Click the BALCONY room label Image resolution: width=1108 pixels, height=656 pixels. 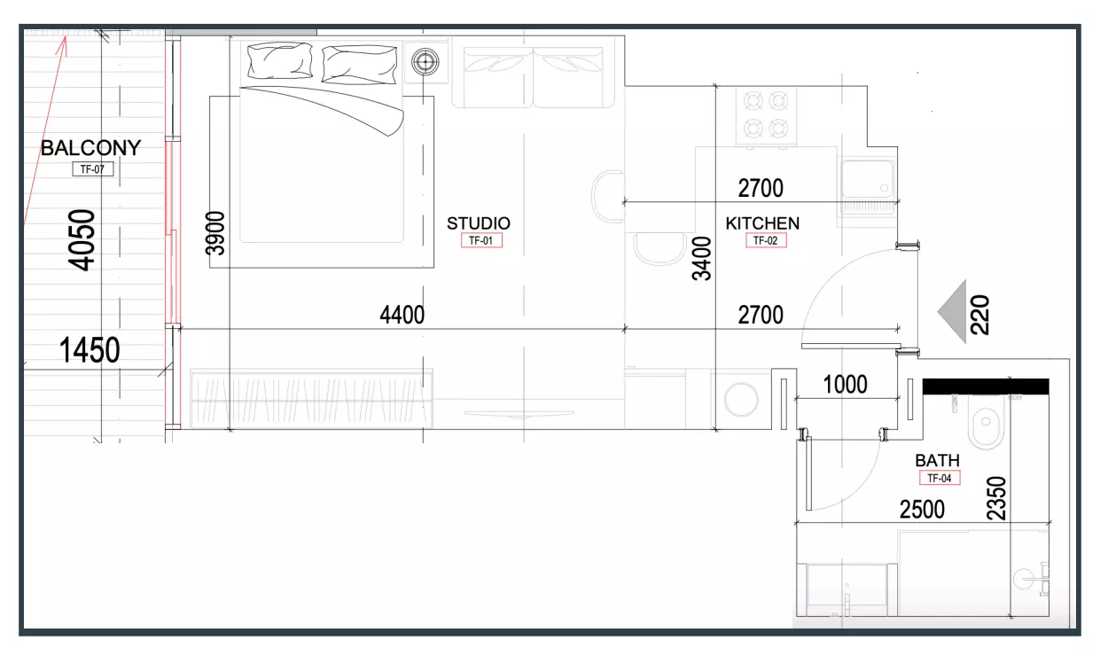point(91,148)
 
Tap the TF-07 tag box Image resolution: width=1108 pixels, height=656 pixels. point(93,169)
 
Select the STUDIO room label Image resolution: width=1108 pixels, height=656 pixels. point(479,223)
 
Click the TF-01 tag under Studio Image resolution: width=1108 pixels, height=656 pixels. point(481,240)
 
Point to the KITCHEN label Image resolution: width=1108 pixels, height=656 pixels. point(762,223)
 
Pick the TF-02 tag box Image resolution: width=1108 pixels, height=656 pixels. point(766,240)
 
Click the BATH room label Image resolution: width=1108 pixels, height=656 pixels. point(937,461)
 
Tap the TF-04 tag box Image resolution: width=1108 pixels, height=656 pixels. point(940,478)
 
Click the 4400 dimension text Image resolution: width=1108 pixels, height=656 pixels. point(402,315)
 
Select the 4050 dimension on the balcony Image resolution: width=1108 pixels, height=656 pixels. point(82,240)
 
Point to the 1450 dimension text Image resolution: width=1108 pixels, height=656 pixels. point(90,350)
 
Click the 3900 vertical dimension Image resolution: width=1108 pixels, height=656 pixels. point(215,233)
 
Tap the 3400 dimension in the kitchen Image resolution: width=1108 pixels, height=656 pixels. point(701,259)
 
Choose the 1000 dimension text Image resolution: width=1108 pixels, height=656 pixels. point(845,385)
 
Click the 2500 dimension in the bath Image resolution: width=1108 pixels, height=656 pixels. point(922,510)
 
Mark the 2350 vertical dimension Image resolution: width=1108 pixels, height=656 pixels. point(996,497)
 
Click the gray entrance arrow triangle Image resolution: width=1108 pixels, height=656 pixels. point(952,312)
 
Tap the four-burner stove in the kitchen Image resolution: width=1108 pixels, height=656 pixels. point(766,116)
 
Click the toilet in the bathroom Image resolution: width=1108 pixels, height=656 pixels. point(987,420)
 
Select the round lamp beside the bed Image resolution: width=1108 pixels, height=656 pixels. point(425,62)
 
